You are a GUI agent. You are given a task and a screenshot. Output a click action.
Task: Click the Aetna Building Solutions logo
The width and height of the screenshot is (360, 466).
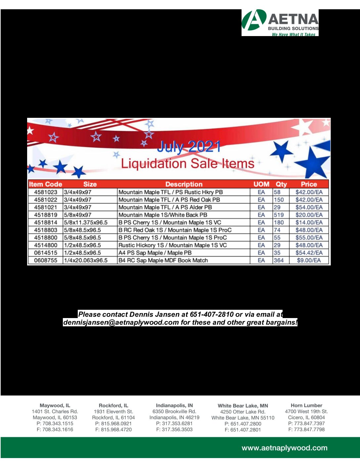[280, 23]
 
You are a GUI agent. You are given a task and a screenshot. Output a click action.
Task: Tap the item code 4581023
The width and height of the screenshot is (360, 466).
[46, 192]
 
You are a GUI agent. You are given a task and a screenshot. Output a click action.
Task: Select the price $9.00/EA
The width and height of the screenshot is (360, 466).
[309, 260]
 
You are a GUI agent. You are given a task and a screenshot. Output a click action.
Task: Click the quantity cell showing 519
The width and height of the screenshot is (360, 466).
[279, 215]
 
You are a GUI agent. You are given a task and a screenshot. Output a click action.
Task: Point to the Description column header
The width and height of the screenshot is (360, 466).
[184, 184]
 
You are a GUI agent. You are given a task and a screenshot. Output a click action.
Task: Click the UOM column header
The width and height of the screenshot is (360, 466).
[261, 184]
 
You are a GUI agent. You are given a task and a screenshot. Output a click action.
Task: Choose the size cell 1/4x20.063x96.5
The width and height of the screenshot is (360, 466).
[86, 260]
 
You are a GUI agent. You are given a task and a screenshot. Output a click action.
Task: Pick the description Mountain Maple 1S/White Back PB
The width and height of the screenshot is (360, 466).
[163, 215]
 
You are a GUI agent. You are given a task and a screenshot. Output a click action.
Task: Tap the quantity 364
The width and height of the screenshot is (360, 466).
[279, 260]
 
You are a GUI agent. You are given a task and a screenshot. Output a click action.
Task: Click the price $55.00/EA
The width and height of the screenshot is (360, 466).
[309, 238]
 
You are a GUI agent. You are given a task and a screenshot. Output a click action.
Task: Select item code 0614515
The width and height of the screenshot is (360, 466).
[46, 253]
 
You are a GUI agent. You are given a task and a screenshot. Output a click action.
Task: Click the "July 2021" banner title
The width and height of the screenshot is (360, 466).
[189, 146]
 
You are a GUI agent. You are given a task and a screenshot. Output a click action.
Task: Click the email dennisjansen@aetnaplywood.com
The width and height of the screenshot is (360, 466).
[121, 322]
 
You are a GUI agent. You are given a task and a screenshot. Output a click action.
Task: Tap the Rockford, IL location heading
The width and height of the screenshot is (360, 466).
[113, 405]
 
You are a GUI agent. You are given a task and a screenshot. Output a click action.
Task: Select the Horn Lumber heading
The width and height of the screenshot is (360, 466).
[306, 405]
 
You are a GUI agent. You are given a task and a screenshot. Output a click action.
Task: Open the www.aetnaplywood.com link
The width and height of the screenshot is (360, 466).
[285, 448]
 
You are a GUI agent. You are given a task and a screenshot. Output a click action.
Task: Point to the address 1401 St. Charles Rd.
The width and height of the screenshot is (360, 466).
[55, 412]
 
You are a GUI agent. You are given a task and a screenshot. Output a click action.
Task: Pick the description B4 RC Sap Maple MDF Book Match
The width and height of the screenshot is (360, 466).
[163, 260]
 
